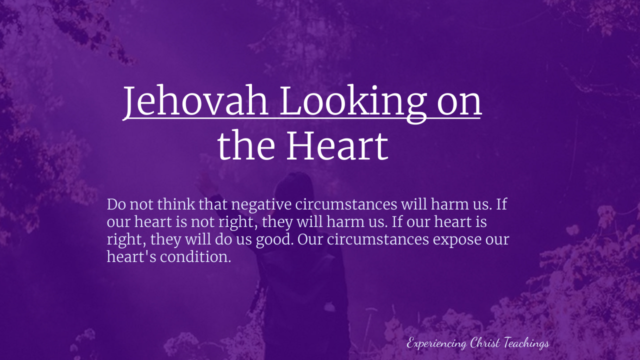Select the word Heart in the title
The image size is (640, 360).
(x=337, y=145)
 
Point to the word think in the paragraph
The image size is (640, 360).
(x=176, y=204)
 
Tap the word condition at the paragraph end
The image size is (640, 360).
(x=195, y=257)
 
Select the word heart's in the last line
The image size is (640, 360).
(x=131, y=256)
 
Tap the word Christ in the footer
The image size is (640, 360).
(x=485, y=342)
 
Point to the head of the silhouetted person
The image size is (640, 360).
(x=293, y=188)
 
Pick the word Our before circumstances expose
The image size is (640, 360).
(x=310, y=239)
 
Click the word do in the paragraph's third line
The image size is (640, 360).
(x=223, y=239)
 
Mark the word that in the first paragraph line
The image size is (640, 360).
(x=213, y=204)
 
